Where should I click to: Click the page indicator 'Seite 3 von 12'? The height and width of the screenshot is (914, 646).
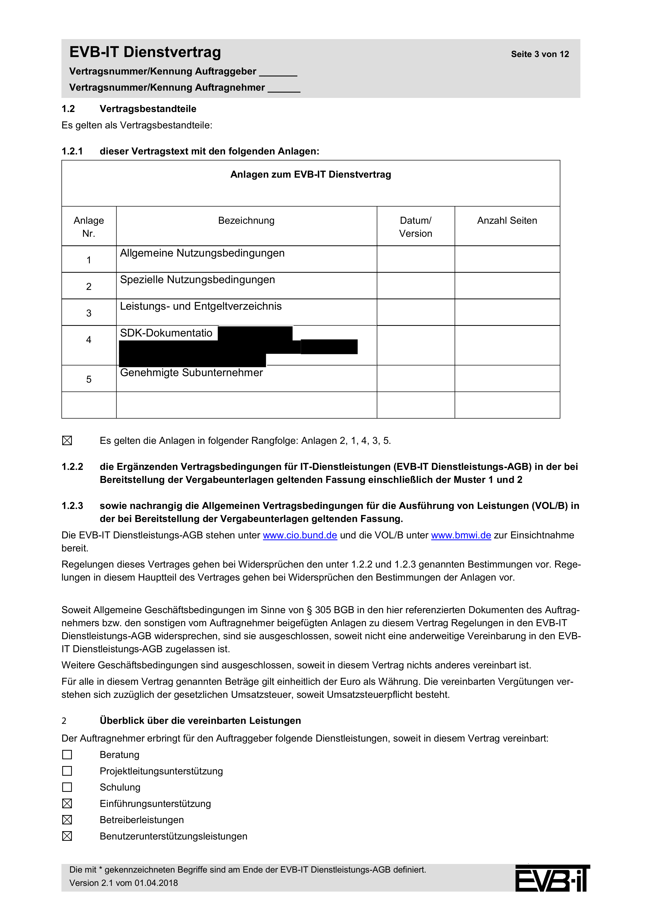pos(540,54)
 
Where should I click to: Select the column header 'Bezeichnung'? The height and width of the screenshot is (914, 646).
pos(246,221)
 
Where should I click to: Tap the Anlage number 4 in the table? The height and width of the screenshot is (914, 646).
pos(89,340)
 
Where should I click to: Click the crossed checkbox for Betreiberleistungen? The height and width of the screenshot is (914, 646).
pos(67,820)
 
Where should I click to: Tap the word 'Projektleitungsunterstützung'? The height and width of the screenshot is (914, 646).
pos(161,771)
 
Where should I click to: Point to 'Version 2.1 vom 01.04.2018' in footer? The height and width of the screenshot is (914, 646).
pos(123,883)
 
